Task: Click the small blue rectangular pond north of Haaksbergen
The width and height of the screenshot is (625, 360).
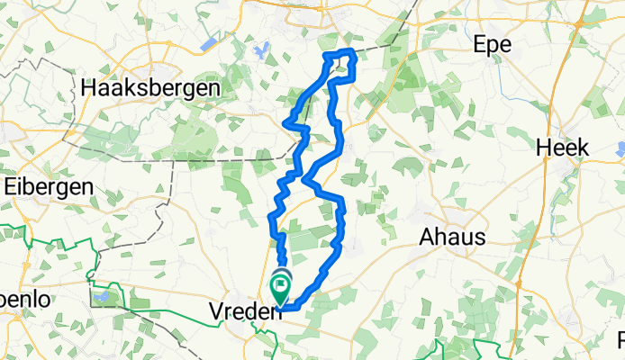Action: coord(209,42)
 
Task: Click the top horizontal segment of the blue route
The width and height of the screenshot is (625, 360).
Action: coord(340,55)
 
